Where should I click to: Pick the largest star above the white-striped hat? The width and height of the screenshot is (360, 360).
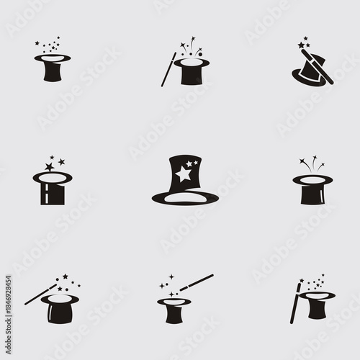click(49, 166)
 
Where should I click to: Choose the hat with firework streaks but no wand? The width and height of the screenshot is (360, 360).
click(311, 189)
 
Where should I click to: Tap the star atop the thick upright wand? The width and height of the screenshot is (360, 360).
click(300, 284)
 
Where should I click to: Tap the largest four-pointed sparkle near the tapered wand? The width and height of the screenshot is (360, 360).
click(171, 276)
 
